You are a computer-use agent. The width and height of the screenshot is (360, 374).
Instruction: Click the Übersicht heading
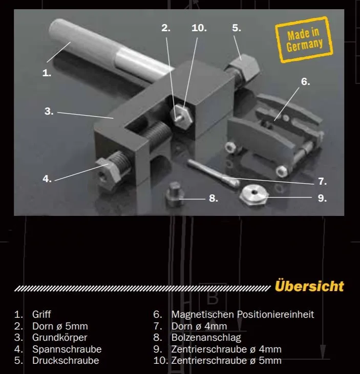(x=309, y=285)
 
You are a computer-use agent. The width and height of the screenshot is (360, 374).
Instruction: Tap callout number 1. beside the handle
(x=47, y=73)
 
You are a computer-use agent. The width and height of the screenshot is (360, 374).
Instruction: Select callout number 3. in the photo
(x=49, y=111)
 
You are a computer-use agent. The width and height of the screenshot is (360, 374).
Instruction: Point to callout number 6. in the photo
(x=305, y=81)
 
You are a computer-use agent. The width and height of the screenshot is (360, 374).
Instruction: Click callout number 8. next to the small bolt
(x=214, y=198)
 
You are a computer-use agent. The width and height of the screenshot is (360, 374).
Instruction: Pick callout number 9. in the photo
(x=322, y=198)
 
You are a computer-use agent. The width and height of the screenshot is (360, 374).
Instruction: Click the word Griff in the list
(x=41, y=314)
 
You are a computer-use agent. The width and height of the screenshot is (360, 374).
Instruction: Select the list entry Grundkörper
(x=59, y=338)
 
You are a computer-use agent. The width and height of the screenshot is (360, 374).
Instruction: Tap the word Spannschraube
(x=67, y=349)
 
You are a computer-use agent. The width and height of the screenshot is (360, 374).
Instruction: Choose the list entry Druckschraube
(x=66, y=361)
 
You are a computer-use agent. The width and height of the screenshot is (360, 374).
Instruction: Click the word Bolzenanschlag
(x=206, y=338)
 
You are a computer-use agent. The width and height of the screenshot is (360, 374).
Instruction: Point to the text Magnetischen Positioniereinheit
(x=242, y=314)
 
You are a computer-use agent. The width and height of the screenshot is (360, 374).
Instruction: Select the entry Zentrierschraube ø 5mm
(x=226, y=361)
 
